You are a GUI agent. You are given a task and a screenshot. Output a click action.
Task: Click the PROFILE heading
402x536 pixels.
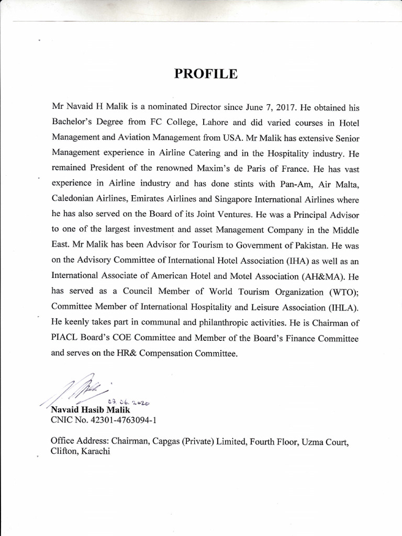206,74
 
